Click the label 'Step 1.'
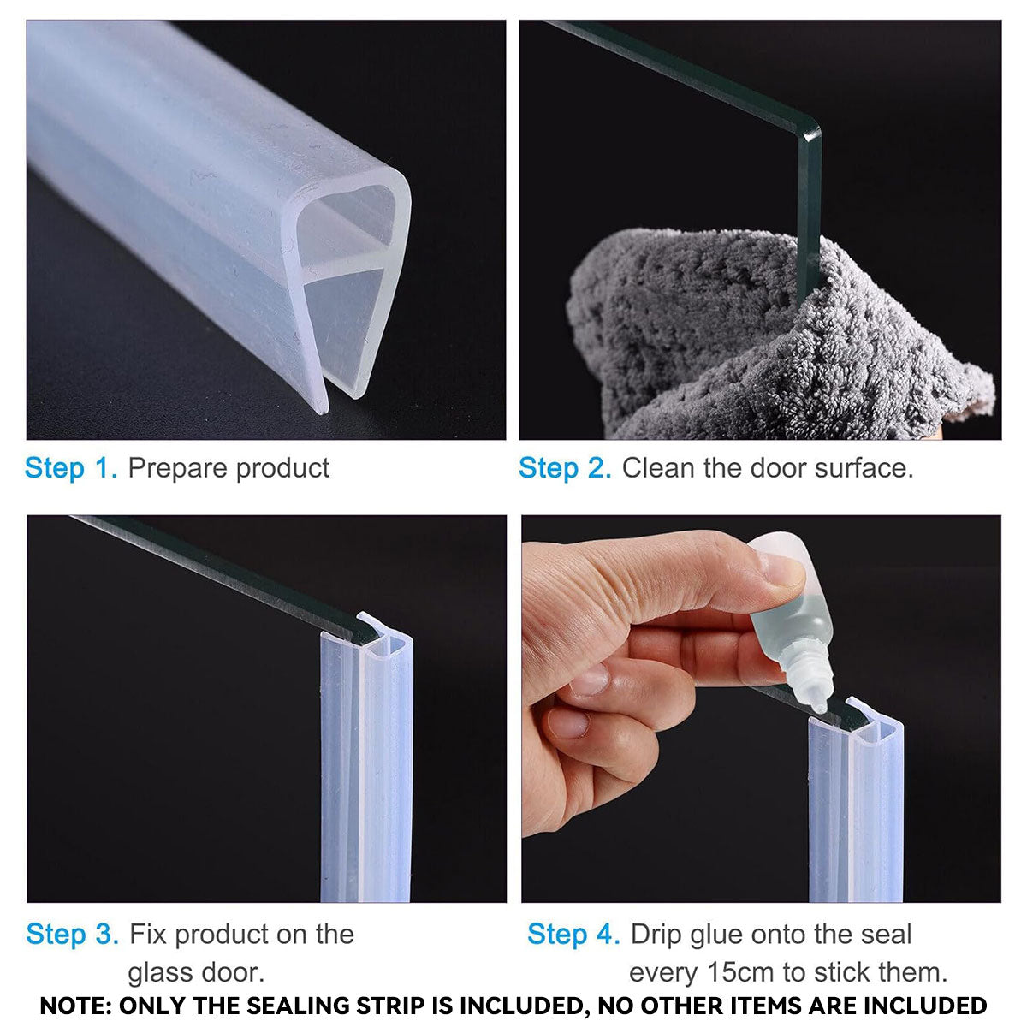click(70, 468)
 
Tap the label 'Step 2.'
click(565, 468)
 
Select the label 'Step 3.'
click(73, 934)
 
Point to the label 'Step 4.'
click(573, 934)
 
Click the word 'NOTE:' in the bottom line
click(76, 1005)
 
